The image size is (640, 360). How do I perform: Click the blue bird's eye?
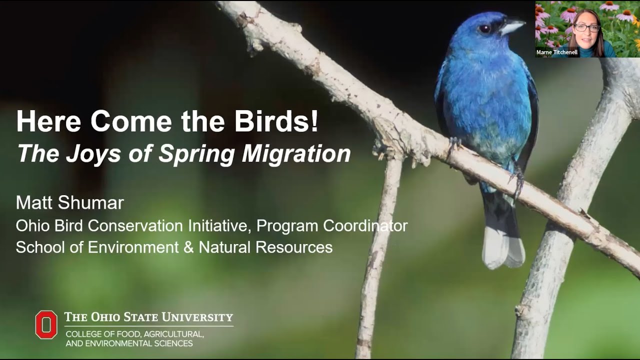tap(484, 29)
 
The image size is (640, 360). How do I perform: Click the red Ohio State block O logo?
tap(46, 324)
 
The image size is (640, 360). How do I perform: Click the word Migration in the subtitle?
tap(296, 154)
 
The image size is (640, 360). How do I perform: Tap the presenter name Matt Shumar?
tap(69, 203)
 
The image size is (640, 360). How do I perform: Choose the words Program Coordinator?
tap(332, 225)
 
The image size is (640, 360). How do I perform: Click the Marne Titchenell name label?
tap(556, 52)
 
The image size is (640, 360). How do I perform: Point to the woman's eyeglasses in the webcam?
tap(586, 28)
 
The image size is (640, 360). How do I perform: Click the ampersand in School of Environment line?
tap(188, 247)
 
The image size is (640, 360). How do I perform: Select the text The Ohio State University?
tap(148, 317)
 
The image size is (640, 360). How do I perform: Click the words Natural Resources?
tap(265, 247)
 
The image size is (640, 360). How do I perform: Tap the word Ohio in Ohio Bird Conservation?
tap(32, 225)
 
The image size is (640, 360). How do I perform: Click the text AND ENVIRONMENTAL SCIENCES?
tap(129, 343)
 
